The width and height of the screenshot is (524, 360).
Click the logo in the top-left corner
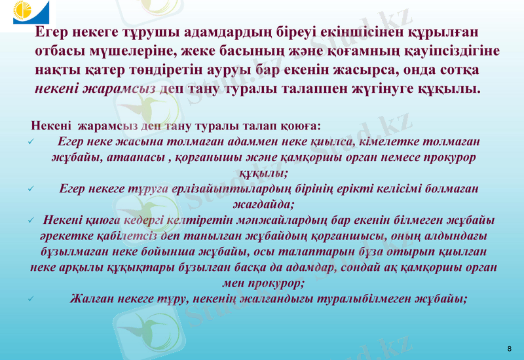[27, 14]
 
